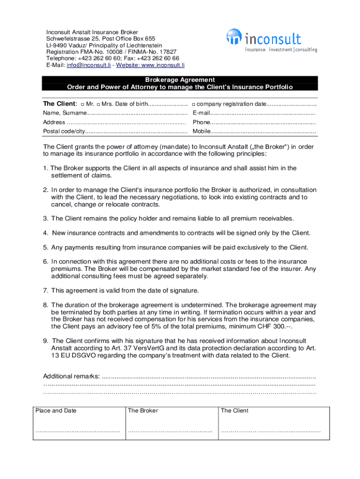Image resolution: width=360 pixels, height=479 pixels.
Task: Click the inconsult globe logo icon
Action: [x=233, y=36]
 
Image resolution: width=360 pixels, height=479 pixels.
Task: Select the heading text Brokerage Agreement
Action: [x=180, y=80]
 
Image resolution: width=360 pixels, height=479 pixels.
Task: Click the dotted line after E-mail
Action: [x=262, y=113]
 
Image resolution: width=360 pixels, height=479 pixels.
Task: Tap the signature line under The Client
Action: [x=271, y=431]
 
